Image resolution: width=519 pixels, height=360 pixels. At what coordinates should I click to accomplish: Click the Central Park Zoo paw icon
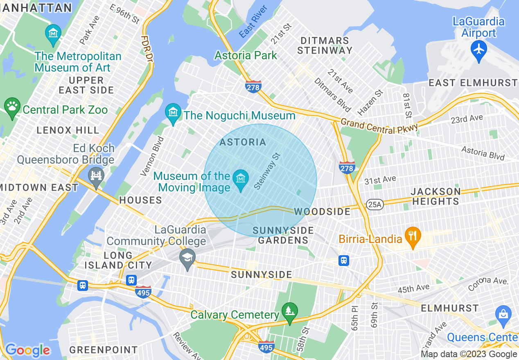[12, 108]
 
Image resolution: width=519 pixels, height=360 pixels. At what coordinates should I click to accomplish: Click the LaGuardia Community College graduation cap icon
[187, 258]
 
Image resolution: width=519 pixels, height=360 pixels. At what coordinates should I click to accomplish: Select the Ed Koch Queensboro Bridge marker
[96, 177]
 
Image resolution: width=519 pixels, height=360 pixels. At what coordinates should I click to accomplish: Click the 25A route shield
[375, 204]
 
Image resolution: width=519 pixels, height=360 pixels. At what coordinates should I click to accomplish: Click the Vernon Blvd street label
[152, 156]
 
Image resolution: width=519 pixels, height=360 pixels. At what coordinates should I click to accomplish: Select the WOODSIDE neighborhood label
[322, 211]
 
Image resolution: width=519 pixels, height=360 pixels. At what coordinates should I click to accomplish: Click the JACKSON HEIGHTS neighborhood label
[436, 196]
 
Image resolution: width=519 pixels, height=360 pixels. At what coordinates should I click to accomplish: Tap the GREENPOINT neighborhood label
[103, 350]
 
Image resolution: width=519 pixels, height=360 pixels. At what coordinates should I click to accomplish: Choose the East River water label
[253, 22]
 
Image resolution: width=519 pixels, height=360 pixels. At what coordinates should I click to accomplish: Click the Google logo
[27, 350]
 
